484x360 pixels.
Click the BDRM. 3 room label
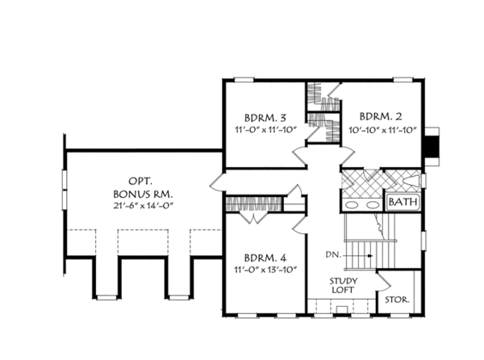coord(265,118)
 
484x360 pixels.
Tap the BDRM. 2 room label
coord(381,117)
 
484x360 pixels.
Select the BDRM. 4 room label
coord(265,257)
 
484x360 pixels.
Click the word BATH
coord(403,203)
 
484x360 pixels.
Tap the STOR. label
coord(397,299)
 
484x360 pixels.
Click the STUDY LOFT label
coord(344,285)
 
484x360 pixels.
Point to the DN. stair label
coord(333,255)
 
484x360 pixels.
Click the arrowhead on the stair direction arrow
coord(370,256)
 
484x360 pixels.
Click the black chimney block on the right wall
coord(432,146)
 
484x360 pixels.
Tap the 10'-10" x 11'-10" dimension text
coord(382,130)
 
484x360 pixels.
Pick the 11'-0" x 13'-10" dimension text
coord(265,270)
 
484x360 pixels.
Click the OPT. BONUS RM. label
coord(143,188)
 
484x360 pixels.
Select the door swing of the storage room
coord(384,281)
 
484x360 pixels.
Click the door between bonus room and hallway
coord(216,182)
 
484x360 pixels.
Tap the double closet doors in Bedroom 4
coord(254,217)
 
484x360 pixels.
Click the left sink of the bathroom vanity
coord(352,205)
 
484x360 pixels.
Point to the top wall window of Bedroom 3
coord(244,80)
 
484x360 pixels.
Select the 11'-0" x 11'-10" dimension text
coord(265,130)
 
